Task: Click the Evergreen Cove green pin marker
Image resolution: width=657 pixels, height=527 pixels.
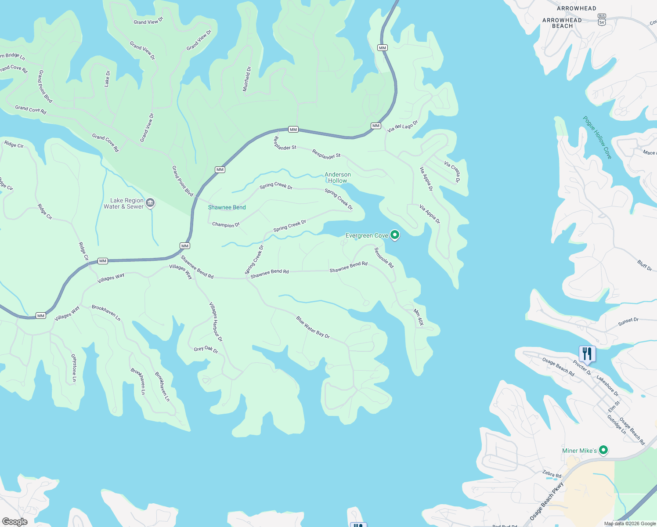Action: (395, 235)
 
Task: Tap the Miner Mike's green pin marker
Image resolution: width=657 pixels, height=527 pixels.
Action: (603, 450)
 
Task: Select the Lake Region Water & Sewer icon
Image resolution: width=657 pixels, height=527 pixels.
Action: (150, 203)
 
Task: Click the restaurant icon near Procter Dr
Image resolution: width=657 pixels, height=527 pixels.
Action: (587, 354)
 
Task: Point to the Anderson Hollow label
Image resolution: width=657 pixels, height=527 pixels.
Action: (338, 177)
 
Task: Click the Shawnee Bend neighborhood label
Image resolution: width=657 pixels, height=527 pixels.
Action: (227, 207)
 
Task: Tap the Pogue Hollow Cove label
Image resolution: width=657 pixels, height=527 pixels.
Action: (597, 137)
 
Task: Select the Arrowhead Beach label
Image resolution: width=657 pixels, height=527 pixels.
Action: (562, 23)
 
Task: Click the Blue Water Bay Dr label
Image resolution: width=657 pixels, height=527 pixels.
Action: (313, 327)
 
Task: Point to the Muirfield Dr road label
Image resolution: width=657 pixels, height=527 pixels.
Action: (247, 79)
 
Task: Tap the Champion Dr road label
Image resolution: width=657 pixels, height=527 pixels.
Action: (226, 225)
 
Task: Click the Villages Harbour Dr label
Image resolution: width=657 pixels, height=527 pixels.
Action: (216, 322)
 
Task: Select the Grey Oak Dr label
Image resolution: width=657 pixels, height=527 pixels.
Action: (206, 350)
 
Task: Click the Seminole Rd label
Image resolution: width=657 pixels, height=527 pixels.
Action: (384, 257)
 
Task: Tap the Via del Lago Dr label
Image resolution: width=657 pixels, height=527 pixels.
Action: (402, 126)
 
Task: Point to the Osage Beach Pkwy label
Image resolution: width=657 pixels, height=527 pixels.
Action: (546, 502)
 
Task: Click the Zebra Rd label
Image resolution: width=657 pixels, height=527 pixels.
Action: (552, 474)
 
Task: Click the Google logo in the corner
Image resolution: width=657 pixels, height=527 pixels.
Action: (15, 521)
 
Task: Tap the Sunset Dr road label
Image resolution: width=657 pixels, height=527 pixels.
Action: (628, 321)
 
